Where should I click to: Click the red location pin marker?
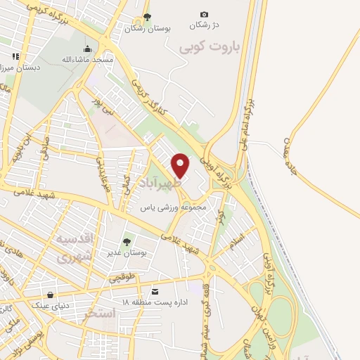pyautogui.click(x=181, y=165)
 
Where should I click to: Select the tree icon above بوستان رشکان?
pyautogui.click(x=146, y=18)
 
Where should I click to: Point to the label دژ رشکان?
pyautogui.click(x=204, y=25)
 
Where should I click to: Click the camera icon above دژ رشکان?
pyautogui.click(x=205, y=14)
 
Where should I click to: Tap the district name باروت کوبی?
pyautogui.click(x=209, y=47)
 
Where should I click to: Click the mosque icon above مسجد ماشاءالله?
pyautogui.click(x=87, y=49)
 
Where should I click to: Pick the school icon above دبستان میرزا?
pyautogui.click(x=15, y=56)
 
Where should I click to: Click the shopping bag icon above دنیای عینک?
pyautogui.click(x=49, y=295)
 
